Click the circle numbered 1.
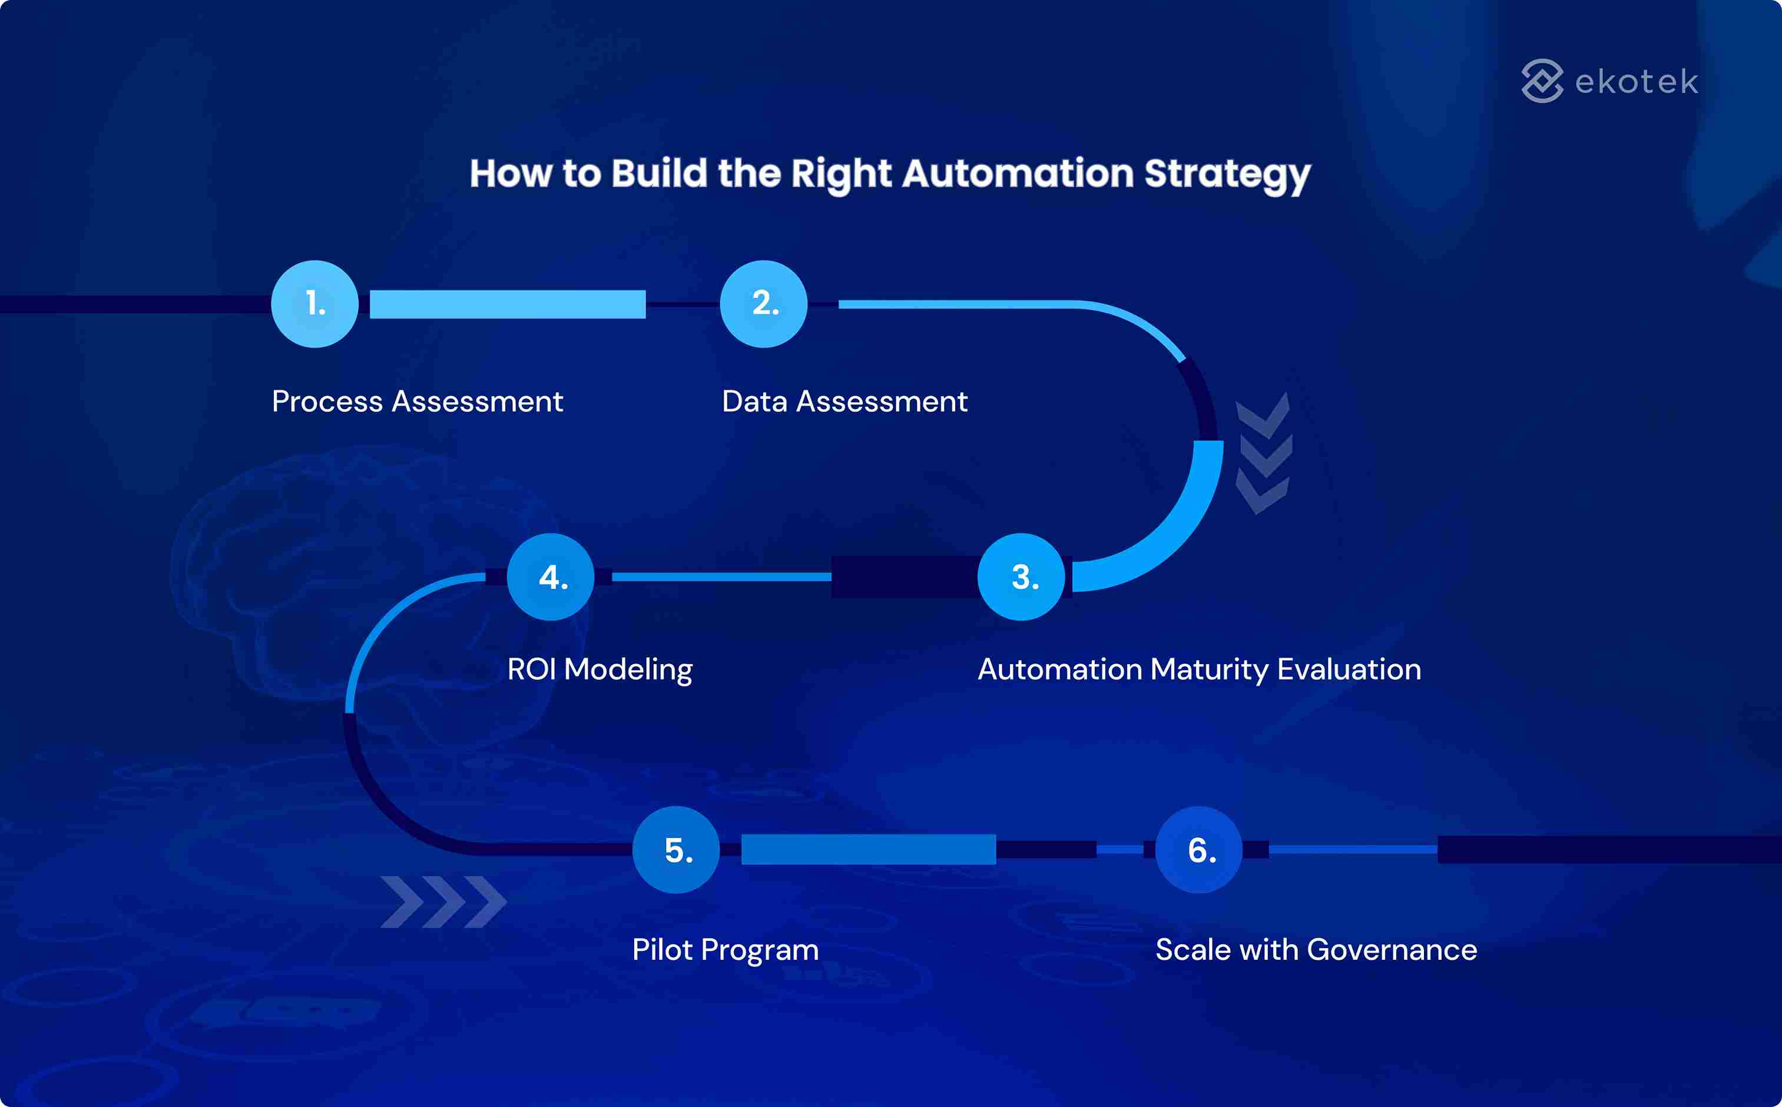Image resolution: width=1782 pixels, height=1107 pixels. (x=315, y=304)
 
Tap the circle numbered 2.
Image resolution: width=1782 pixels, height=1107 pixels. (x=764, y=304)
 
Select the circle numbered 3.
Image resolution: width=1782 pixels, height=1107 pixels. (x=1021, y=577)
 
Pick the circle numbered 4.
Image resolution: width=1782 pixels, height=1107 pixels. (x=551, y=577)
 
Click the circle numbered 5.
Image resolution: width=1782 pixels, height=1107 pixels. (x=675, y=850)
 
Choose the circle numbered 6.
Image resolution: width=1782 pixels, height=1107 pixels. (x=1198, y=850)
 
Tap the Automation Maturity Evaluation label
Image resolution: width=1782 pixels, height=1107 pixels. (x=1199, y=669)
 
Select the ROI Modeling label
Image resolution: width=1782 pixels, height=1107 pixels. (x=599, y=669)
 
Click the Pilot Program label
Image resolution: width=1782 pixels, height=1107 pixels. (x=725, y=950)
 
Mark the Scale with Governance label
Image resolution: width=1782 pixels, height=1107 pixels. (x=1316, y=950)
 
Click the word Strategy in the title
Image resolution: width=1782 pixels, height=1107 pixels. (x=1227, y=174)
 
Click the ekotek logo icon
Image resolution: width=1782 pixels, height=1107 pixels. (x=1542, y=81)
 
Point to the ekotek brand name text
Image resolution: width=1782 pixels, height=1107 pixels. (x=1637, y=81)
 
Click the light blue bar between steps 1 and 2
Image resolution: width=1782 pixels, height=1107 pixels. (x=508, y=304)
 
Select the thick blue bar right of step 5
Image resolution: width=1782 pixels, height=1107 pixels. (x=868, y=849)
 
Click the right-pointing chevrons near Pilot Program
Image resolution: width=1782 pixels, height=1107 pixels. (x=443, y=901)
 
